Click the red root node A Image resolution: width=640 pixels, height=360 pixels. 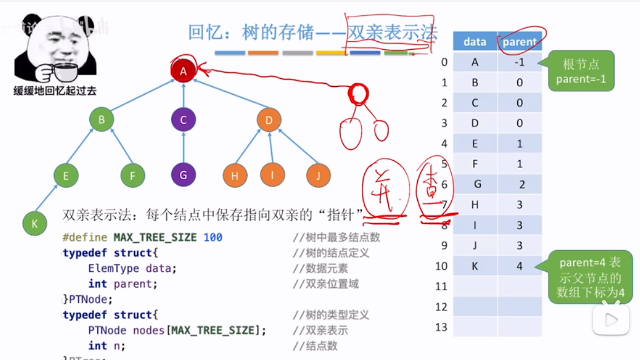coord(183,72)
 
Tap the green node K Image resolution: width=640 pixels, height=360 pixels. coord(35,224)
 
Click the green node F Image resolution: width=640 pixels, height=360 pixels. coord(132,175)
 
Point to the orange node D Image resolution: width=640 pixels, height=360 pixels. coord(269,120)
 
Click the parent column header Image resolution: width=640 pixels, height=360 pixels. coord(519,42)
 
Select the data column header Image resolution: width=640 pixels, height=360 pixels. coord(474,42)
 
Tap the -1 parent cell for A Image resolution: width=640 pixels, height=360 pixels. coord(519,62)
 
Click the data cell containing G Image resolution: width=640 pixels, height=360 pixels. coord(477,185)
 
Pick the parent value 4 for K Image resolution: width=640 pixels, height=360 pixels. coord(520,266)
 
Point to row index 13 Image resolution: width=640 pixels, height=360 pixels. coord(441,328)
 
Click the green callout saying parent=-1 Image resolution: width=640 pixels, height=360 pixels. coord(580,72)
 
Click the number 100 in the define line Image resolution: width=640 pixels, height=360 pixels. coord(213,237)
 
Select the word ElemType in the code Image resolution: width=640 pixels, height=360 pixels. coord(114,268)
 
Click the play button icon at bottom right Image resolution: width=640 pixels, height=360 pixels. coord(611,320)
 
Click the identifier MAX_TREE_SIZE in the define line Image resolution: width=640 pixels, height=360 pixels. coord(155,237)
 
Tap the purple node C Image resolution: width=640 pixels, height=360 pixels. coord(183,120)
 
